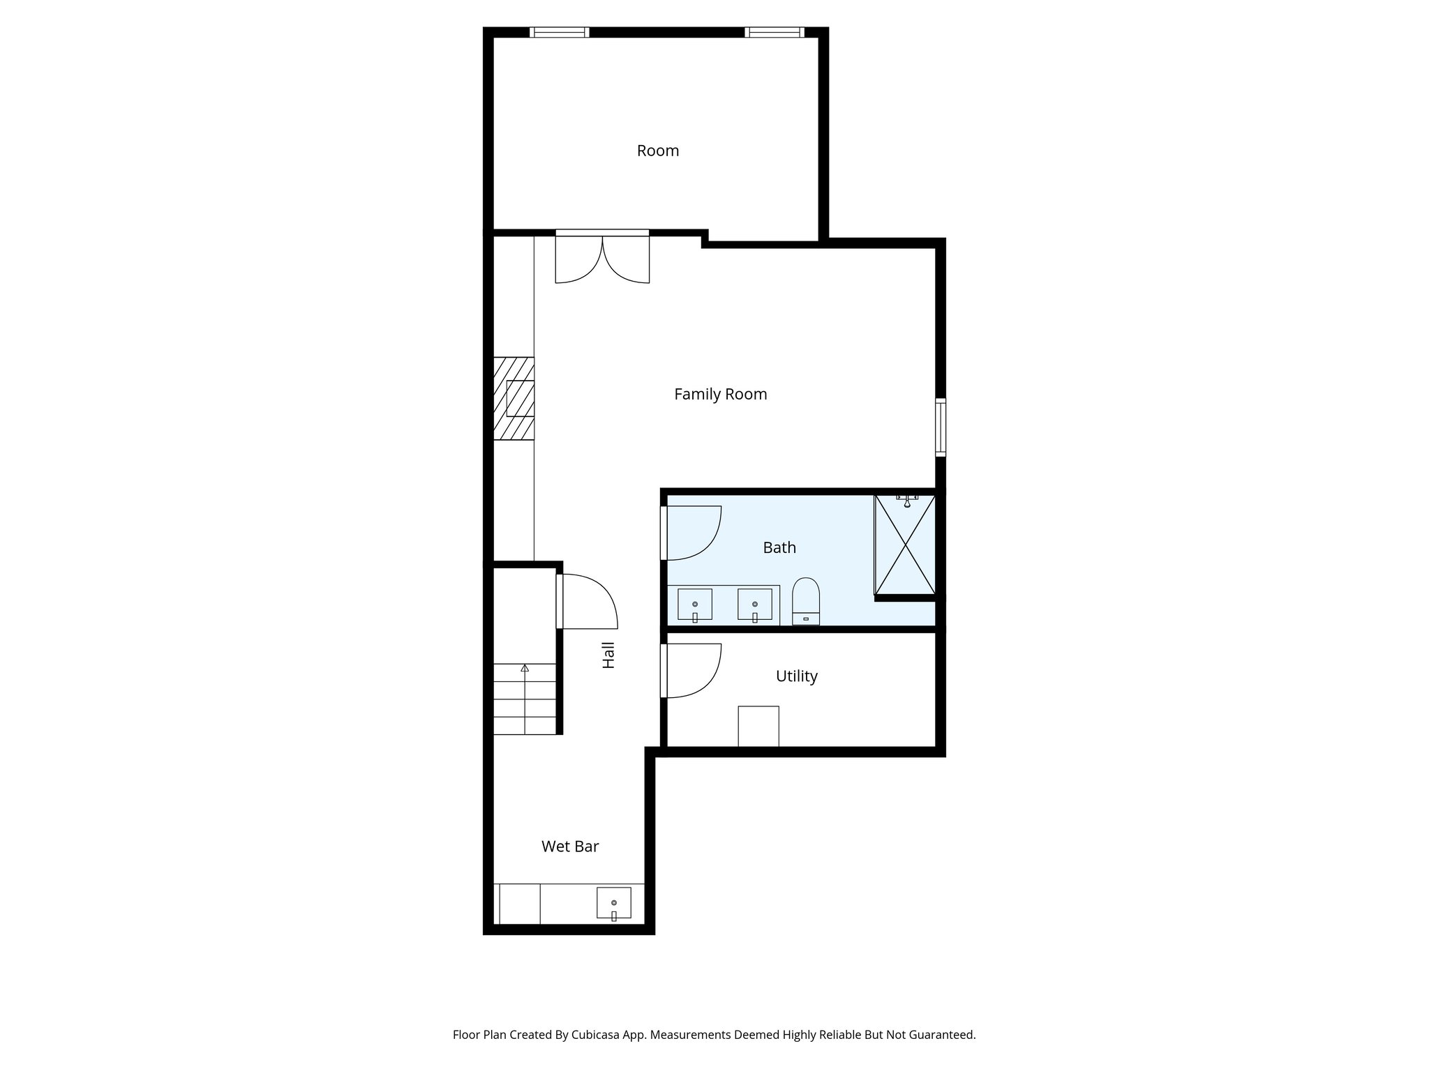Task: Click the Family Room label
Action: click(x=720, y=395)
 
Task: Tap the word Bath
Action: click(x=779, y=548)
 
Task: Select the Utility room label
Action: click(x=796, y=676)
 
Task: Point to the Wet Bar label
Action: click(x=570, y=846)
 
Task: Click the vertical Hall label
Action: click(x=608, y=655)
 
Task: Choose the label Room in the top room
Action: click(x=657, y=151)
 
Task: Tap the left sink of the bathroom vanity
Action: click(x=695, y=605)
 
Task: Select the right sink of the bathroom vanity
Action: click(x=755, y=605)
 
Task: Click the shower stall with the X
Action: click(x=905, y=545)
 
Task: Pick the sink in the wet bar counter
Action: click(x=614, y=903)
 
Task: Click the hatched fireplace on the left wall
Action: click(x=514, y=398)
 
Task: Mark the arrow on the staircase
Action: click(x=525, y=669)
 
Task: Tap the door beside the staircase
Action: click(x=586, y=601)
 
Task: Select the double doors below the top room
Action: click(x=602, y=258)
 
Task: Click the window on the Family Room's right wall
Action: click(x=941, y=427)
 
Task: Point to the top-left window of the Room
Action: click(x=559, y=32)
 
